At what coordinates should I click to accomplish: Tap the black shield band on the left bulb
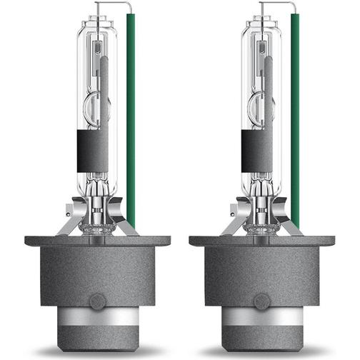coord(92,151)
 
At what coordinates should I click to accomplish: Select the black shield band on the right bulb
coord(256,151)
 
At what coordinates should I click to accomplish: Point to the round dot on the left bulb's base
coord(97,301)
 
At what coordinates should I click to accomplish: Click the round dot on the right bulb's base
coord(262,301)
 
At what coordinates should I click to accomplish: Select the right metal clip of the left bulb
coord(126,223)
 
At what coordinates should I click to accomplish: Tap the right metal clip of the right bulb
coord(291,223)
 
